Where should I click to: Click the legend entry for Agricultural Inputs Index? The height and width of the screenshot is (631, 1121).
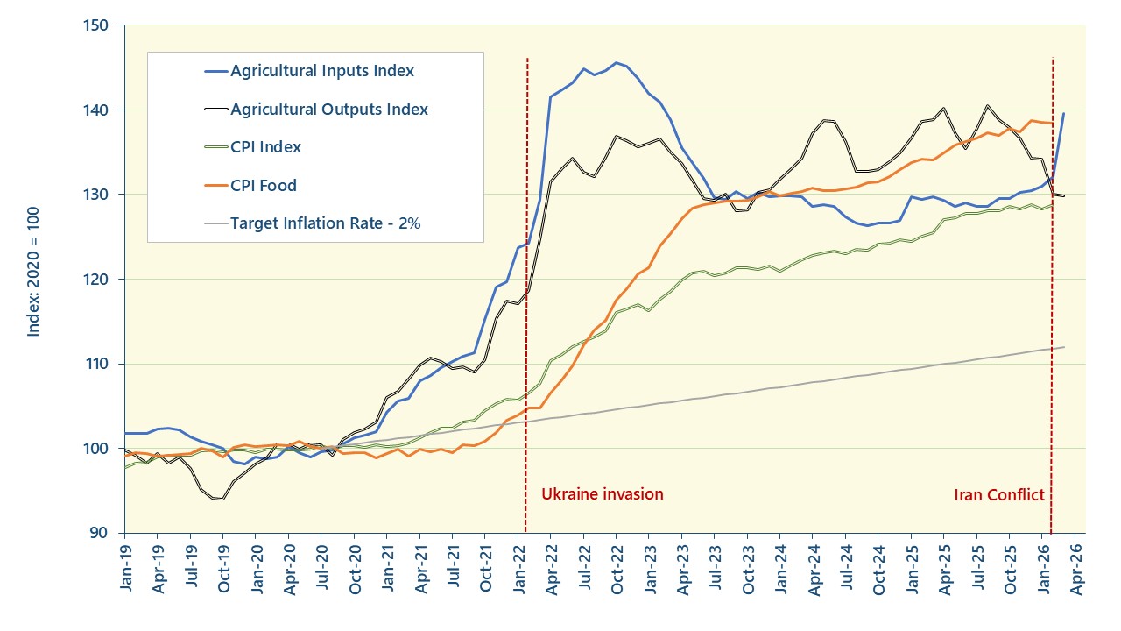coord(321,71)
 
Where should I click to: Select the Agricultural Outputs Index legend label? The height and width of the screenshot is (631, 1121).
coord(328,110)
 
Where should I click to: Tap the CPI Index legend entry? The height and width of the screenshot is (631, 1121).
coord(265,147)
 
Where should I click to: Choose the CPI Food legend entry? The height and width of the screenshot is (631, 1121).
coord(263,185)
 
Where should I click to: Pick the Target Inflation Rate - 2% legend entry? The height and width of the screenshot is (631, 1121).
coord(325,223)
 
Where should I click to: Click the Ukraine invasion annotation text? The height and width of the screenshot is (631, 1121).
coord(602,494)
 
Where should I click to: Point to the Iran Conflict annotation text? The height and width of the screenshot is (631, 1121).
coord(998,495)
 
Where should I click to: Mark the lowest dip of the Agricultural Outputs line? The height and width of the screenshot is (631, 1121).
coord(222,499)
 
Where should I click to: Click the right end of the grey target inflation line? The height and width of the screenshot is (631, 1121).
coord(1064,347)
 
